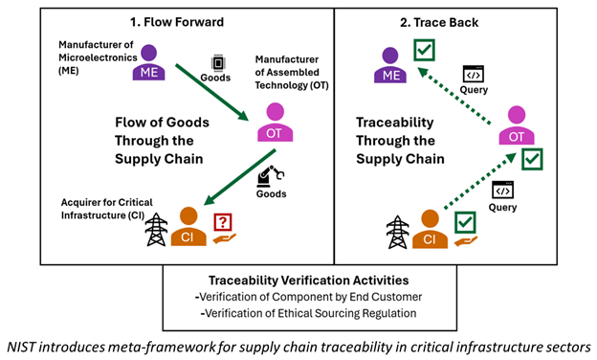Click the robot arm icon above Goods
271,177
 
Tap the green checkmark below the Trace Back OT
532,159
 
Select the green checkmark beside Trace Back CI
466,222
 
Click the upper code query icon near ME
472,73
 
